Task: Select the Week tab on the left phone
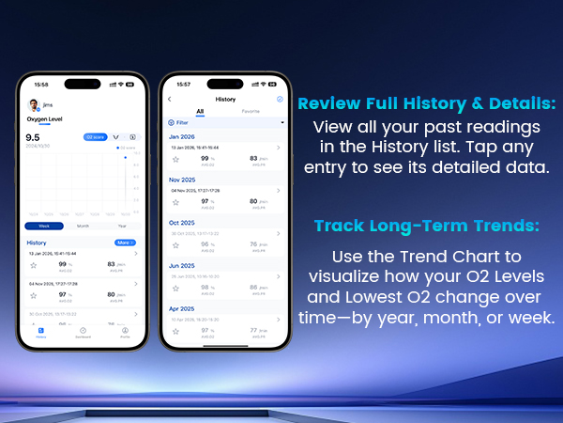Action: coord(44,226)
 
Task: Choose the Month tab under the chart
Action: coord(83,226)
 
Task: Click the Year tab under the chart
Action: coord(121,226)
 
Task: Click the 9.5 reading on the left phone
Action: coord(33,137)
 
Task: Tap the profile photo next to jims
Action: coord(32,105)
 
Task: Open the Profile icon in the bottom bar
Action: coord(125,332)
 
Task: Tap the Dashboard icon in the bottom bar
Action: coord(83,332)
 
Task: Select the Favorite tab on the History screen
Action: coord(250,110)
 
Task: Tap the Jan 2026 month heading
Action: coord(182,137)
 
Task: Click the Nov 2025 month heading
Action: coord(182,179)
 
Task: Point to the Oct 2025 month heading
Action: coord(182,222)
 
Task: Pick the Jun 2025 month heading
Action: coord(182,265)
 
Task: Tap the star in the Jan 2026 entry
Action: coord(175,160)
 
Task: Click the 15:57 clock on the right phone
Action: coord(184,84)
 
